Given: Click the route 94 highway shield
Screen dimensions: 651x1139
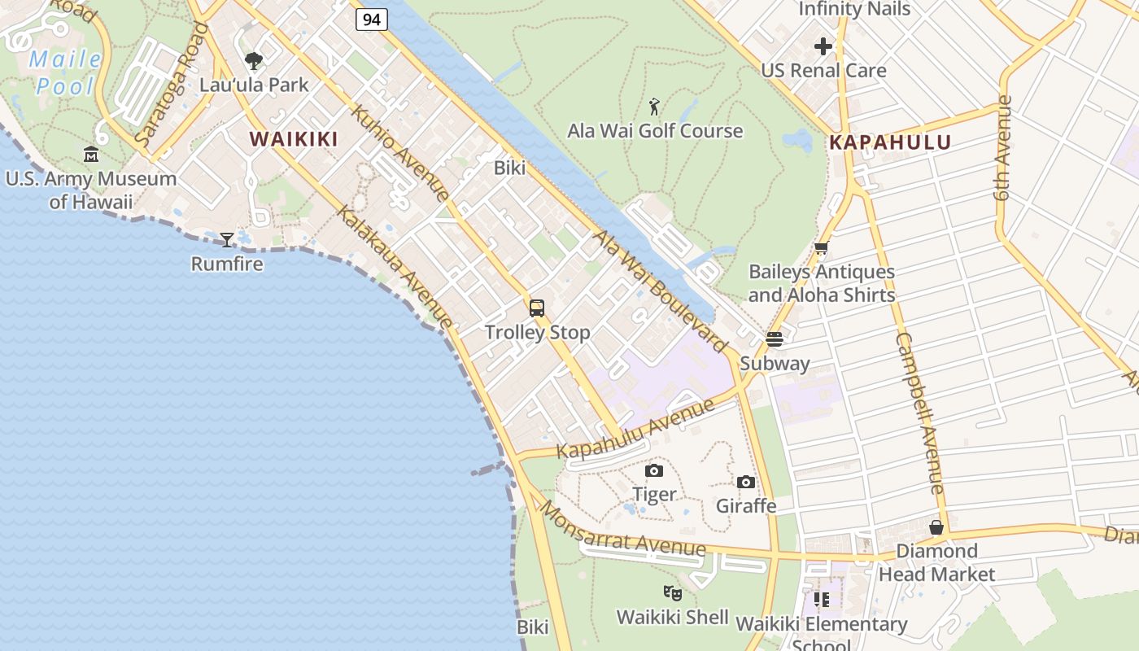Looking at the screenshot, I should point(371,19).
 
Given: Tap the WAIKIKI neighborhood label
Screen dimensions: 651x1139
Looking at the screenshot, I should point(294,139).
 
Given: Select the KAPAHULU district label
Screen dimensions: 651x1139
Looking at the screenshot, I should point(889,143).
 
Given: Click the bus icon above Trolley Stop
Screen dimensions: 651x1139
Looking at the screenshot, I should point(536,308).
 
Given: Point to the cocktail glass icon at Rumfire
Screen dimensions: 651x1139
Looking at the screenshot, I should point(227,239).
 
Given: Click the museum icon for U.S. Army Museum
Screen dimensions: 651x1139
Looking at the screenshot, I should point(91,154).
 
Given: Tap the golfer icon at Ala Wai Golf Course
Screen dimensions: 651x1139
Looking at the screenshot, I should point(654,106).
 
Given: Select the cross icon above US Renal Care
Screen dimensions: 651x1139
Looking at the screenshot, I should point(823,46).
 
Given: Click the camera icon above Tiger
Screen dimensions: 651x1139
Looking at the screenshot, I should point(653,470).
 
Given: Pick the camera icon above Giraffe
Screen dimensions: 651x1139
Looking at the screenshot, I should point(745,482).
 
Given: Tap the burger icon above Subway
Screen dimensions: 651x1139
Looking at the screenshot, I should point(774,339).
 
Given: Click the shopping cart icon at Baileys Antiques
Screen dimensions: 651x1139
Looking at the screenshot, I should point(821,248).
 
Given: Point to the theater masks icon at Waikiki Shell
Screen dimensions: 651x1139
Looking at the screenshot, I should point(671,592).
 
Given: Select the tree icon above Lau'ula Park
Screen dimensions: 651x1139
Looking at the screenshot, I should point(254,60).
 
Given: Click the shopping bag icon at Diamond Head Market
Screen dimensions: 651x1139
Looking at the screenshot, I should point(936,527).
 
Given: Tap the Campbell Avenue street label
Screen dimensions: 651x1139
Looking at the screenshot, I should point(920,413).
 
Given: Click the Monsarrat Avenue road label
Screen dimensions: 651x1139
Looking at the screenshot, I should point(622,530).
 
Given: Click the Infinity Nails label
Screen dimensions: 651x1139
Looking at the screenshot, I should point(854,9).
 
